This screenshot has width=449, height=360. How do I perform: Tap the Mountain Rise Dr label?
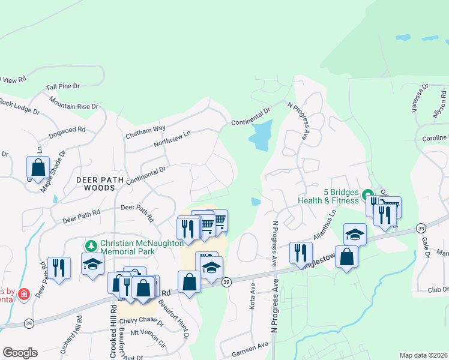[x=74, y=103]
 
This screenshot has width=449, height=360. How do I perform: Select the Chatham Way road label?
[x=145, y=132]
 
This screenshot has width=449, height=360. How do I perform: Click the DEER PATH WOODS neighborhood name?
[x=95, y=183]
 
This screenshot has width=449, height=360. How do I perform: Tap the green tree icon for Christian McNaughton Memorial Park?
[x=91, y=245]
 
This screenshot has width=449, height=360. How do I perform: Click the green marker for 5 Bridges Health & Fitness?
[x=364, y=193]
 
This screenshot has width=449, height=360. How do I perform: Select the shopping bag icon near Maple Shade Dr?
[x=38, y=167]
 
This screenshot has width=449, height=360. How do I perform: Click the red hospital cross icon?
[x=23, y=294]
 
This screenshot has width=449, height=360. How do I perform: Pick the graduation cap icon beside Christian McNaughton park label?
[x=93, y=265]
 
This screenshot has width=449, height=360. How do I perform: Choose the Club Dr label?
[x=437, y=289]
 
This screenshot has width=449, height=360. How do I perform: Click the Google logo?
[x=20, y=353]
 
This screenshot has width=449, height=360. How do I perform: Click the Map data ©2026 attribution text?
[x=423, y=355]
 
